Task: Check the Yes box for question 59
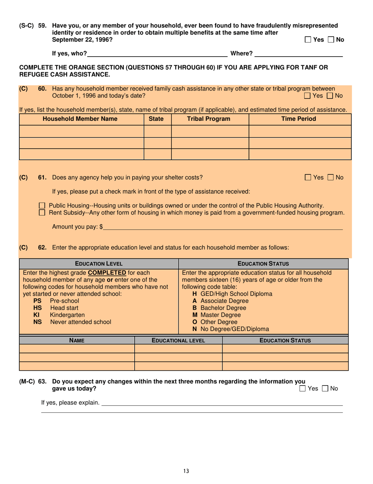[x=308, y=40]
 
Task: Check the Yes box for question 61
[x=308, y=178]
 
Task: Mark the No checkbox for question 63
[x=325, y=389]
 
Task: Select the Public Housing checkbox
[x=42, y=205]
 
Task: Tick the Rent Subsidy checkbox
[x=42, y=213]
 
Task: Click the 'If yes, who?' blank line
[x=157, y=53]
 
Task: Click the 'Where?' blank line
[x=298, y=53]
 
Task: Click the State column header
[x=157, y=119]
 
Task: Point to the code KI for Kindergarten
[x=37, y=315]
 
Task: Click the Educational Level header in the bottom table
[x=178, y=340]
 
